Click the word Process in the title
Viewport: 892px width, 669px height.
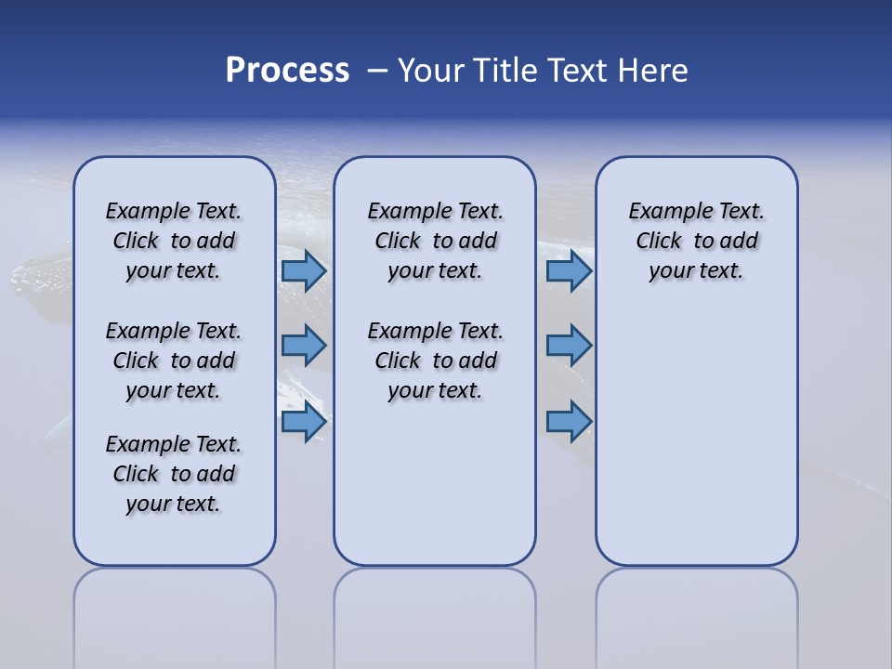pos(287,71)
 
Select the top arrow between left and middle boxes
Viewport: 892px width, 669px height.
pos(304,271)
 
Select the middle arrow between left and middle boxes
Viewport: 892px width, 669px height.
pos(304,346)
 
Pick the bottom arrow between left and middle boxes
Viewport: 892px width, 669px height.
pos(304,422)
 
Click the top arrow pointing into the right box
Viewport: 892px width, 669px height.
pos(569,271)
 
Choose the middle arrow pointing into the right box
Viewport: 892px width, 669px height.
pos(569,346)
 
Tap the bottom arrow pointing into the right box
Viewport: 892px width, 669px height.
pos(569,422)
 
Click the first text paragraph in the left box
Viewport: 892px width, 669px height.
pos(174,241)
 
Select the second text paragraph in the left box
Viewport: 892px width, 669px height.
pos(174,361)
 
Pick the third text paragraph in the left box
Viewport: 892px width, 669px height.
pos(174,474)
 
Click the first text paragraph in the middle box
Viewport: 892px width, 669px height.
pos(435,241)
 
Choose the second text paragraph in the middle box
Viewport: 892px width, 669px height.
pos(435,361)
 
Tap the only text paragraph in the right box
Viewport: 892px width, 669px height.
pos(696,241)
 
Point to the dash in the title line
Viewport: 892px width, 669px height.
pos(377,72)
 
